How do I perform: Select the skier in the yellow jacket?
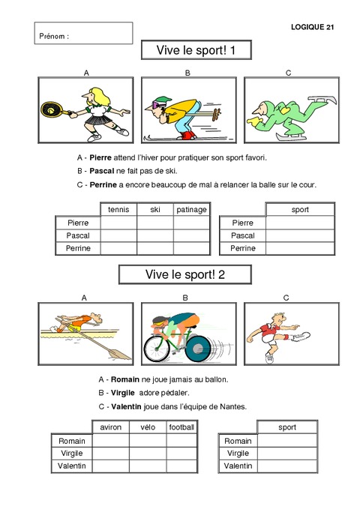point(180,112)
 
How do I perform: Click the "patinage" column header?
point(191,209)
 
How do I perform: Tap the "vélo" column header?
point(147,427)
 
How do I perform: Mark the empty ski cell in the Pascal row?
point(155,235)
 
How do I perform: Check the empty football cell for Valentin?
point(181,466)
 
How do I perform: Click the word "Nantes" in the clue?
point(226,406)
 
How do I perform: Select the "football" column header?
point(181,427)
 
